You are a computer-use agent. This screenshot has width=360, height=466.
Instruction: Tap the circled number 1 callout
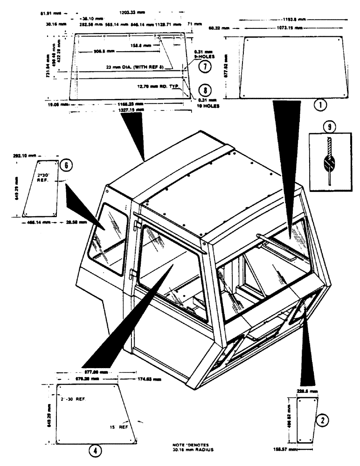pos(319,105)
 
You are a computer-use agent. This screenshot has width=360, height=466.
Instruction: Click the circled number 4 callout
pos(94,451)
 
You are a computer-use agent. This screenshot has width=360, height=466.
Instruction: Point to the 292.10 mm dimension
pos(22,158)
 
